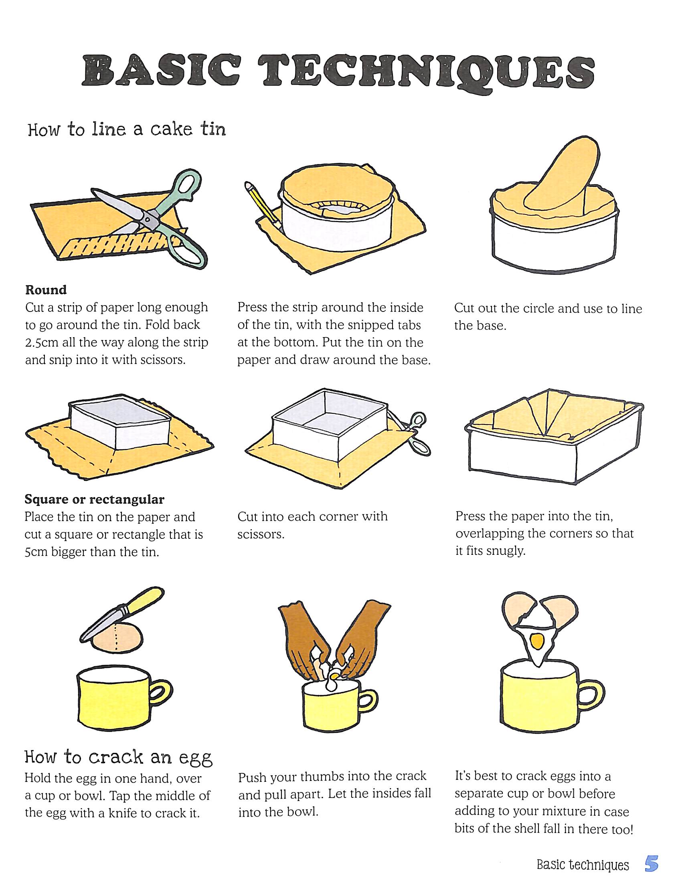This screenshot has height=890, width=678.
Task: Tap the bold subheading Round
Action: (46, 290)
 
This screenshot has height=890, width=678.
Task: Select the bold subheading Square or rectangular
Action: (95, 500)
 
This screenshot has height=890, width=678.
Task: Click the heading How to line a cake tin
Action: (127, 129)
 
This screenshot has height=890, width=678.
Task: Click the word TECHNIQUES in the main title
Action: (428, 72)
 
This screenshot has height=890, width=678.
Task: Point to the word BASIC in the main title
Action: (167, 73)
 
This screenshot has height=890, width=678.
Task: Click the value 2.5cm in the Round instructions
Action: (42, 342)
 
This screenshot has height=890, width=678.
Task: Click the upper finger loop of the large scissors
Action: (186, 188)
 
